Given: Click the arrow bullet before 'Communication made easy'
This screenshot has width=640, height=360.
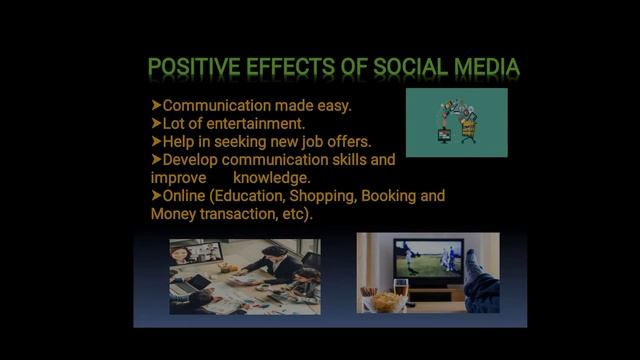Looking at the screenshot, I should [156, 105].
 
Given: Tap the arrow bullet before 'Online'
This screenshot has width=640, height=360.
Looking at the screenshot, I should [156, 196].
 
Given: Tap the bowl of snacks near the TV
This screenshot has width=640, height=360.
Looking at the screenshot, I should [384, 301].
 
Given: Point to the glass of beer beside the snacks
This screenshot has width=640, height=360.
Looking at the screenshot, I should [401, 293].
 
